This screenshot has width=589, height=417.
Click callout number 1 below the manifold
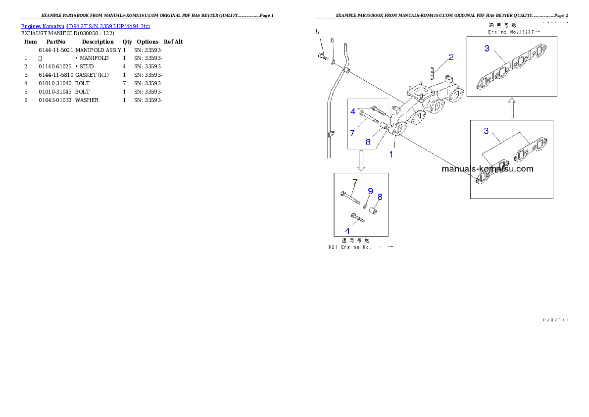391,154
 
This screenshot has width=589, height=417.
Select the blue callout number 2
451,57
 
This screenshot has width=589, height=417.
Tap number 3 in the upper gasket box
487,48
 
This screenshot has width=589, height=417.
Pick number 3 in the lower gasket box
487,131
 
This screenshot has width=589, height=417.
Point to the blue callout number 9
370,191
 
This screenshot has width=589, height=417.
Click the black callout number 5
318,33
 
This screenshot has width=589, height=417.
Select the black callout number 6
333,40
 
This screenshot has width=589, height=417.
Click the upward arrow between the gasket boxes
512,107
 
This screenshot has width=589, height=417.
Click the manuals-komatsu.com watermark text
487,168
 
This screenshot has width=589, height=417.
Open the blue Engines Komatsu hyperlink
85,26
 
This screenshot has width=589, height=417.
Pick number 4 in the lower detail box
347,231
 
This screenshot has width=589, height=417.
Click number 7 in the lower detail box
355,182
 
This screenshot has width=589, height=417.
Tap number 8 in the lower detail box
380,197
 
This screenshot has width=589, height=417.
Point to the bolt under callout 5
323,57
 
